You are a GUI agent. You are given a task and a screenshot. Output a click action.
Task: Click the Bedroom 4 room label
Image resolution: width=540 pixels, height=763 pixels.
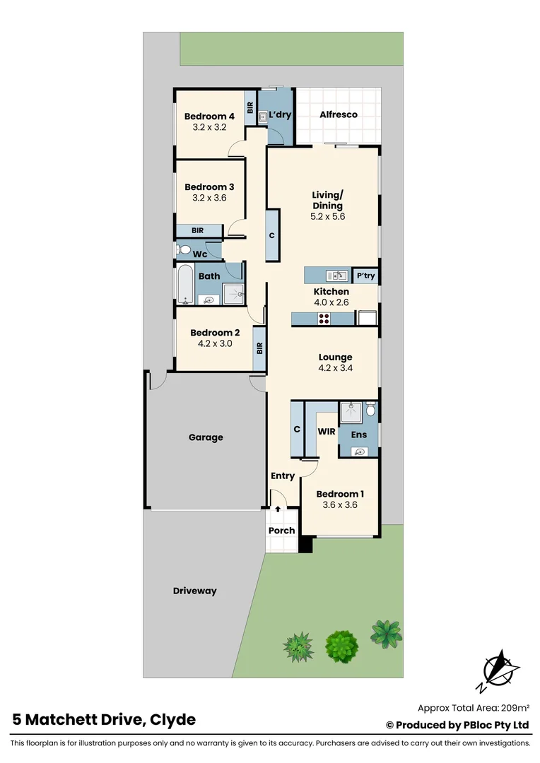click(x=209, y=117)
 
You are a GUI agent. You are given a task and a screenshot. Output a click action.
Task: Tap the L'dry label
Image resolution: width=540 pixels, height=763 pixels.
click(x=280, y=114)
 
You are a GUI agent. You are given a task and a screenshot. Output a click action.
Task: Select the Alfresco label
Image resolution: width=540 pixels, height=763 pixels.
click(x=339, y=114)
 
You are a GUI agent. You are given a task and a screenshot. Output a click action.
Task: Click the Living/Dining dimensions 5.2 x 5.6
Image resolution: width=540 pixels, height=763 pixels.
click(x=328, y=217)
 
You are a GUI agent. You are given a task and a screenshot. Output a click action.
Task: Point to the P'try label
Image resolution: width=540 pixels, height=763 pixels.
click(x=365, y=276)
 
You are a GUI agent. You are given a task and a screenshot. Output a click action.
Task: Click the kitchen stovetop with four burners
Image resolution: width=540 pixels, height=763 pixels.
click(x=325, y=319)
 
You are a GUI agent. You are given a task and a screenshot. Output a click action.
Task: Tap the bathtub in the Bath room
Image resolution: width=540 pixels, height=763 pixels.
click(x=184, y=285)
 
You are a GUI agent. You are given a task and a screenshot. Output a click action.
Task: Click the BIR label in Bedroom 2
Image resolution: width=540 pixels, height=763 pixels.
click(x=259, y=348)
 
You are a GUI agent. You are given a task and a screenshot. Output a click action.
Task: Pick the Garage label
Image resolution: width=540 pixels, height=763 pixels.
click(x=206, y=437)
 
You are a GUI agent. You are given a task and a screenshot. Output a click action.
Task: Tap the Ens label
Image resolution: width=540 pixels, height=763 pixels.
click(x=359, y=434)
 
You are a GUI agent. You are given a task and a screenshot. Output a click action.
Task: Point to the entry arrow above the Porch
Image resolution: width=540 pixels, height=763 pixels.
click(x=278, y=509)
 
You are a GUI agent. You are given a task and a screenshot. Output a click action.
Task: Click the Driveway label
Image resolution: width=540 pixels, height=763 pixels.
click(x=194, y=591)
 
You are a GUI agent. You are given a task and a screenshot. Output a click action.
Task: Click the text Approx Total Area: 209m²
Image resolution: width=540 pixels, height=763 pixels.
click(x=474, y=707)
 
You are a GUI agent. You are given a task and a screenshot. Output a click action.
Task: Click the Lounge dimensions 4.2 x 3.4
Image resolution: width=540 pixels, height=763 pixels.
click(x=335, y=368)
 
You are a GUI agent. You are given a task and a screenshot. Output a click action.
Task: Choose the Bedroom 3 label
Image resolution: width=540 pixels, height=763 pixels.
click(x=209, y=187)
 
